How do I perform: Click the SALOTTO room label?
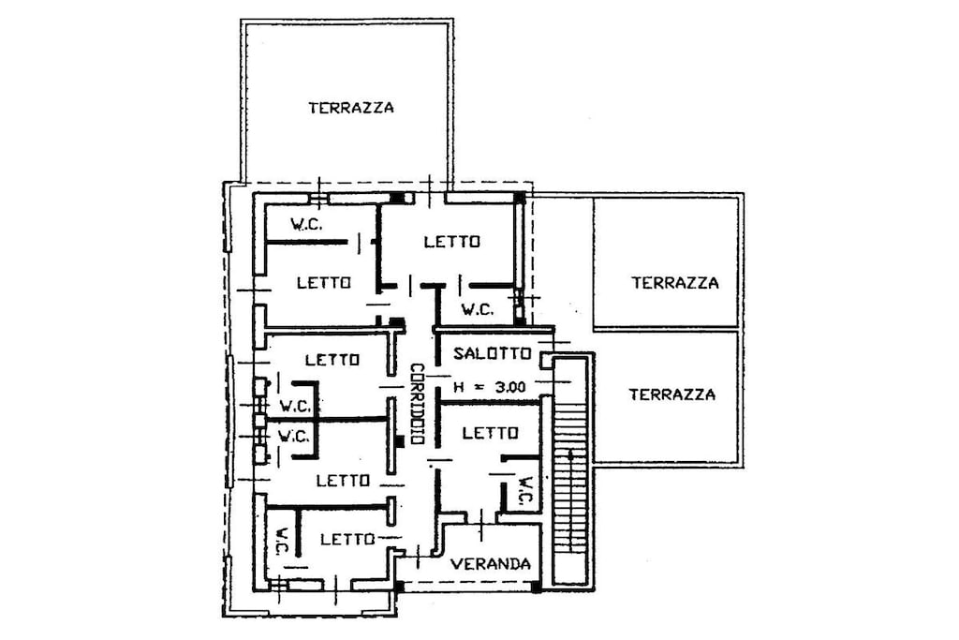point(492,353)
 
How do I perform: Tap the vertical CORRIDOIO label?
point(418,404)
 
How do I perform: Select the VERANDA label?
point(491,563)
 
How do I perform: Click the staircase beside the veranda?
point(570,469)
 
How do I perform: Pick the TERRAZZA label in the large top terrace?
point(351,109)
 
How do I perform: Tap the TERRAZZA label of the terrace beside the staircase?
point(672,394)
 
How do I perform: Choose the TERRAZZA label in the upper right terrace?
point(675,283)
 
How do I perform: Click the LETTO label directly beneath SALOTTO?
point(491,433)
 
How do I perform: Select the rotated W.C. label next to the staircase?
point(526,492)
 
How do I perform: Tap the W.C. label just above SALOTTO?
point(478,309)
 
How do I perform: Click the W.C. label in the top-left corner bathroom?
point(306,225)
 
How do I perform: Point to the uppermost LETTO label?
point(452,242)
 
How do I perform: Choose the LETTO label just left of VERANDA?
point(347,539)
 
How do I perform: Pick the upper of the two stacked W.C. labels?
point(295,406)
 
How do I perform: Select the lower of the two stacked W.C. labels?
point(293,437)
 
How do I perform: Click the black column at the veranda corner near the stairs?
point(536,588)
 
